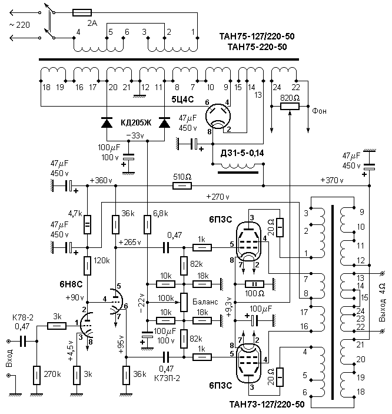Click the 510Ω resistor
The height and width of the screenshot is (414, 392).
(x=182, y=186)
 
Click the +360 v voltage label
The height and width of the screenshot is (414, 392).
(x=100, y=180)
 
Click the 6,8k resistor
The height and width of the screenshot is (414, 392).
(x=147, y=224)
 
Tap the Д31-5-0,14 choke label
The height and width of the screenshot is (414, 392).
(x=241, y=153)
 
